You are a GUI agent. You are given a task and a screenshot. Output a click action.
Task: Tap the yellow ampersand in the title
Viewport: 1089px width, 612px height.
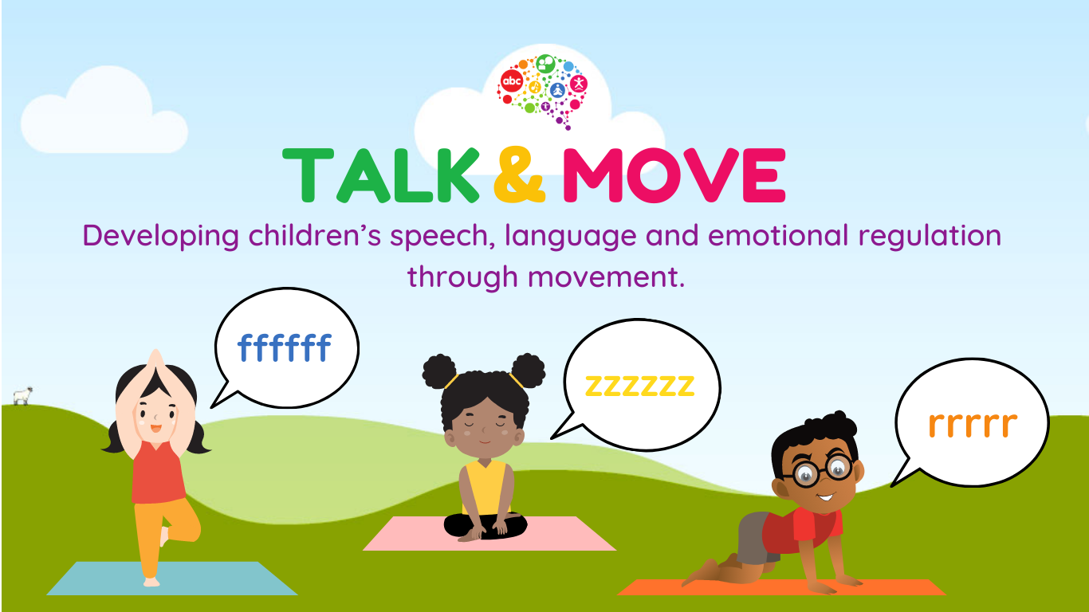click(519, 176)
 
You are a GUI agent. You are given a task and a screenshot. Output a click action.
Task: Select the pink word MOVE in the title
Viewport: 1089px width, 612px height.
click(674, 176)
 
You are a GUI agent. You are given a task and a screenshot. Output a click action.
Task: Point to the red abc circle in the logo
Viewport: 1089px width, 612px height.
click(510, 82)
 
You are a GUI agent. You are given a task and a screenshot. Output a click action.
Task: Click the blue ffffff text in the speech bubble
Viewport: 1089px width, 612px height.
click(285, 348)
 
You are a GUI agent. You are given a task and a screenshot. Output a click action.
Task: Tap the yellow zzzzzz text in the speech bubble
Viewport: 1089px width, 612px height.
click(639, 386)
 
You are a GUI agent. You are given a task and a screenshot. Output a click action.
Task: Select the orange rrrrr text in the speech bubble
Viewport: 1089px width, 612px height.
click(973, 424)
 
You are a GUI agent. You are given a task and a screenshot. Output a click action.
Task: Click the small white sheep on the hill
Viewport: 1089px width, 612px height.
click(22, 395)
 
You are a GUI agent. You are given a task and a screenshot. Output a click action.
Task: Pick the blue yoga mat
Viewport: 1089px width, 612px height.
click(171, 579)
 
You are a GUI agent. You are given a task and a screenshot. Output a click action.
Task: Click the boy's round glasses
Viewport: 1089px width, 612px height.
click(821, 470)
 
